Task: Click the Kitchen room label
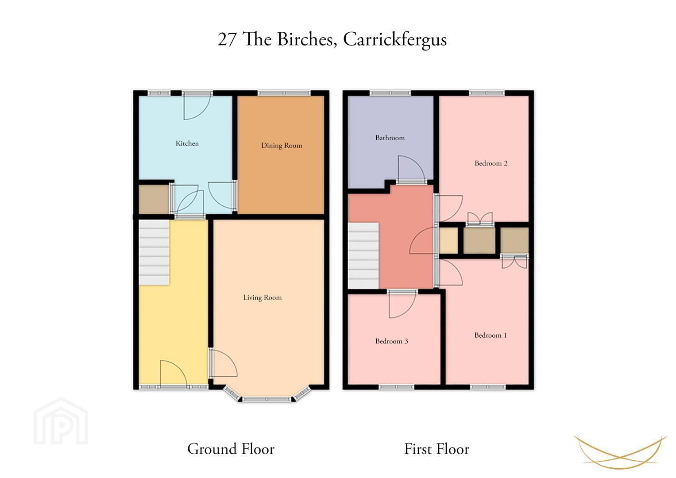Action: [x=187, y=143]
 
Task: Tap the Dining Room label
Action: [x=282, y=146]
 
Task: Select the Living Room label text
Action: [x=262, y=297]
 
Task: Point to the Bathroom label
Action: [x=390, y=138]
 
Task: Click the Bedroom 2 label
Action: [x=491, y=163]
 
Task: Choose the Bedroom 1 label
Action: [x=491, y=335]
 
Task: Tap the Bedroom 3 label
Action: [x=391, y=341]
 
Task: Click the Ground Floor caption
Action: [x=231, y=449]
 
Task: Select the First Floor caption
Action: [x=437, y=449]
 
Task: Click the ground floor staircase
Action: [x=154, y=252]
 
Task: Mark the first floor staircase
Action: [x=363, y=255]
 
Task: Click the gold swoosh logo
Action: [x=620, y=452]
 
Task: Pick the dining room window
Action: [x=284, y=93]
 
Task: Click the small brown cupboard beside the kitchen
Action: [x=154, y=200]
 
